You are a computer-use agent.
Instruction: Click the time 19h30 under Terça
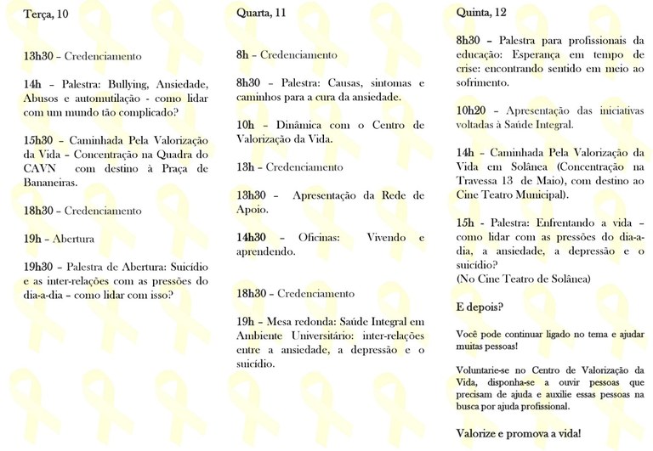pyautogui.click(x=38, y=267)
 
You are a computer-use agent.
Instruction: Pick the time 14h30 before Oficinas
pyautogui.click(x=252, y=238)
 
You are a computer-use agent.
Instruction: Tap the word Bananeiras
pyautogui.click(x=50, y=182)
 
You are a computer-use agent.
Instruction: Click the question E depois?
pyautogui.click(x=479, y=307)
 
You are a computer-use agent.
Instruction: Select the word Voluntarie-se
pyautogui.click(x=485, y=369)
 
